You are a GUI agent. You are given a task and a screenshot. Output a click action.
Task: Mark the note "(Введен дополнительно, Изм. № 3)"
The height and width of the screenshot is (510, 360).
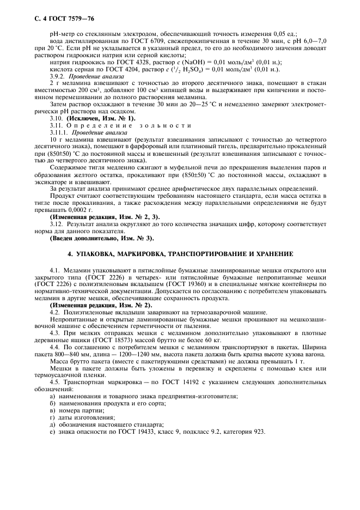(101, 238)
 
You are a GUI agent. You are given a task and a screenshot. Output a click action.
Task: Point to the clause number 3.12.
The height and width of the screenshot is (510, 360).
(56, 224)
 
